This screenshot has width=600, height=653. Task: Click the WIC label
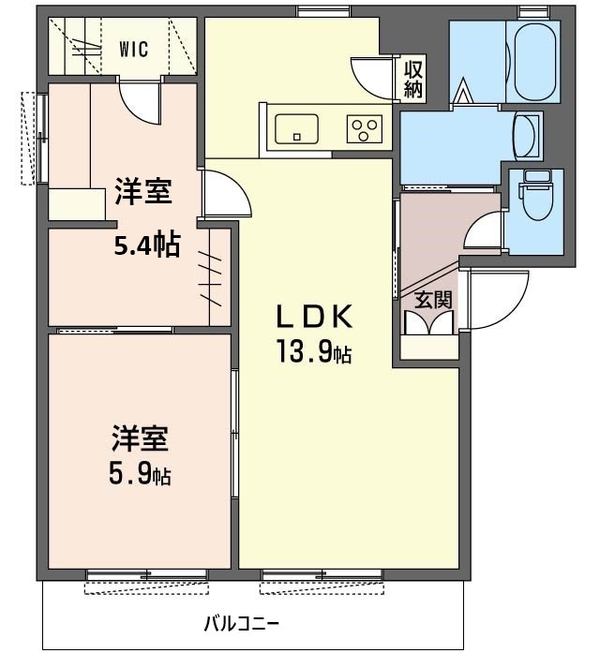(x=133, y=51)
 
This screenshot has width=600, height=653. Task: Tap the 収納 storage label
(x=413, y=80)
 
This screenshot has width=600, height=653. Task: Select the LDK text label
(x=314, y=317)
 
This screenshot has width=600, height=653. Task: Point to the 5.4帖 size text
(x=147, y=245)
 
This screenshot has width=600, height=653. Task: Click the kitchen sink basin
(x=296, y=127)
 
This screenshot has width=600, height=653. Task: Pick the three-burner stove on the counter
(x=364, y=128)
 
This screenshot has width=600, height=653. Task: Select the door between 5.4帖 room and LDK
(x=225, y=197)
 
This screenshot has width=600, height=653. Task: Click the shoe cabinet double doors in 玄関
(x=428, y=322)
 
